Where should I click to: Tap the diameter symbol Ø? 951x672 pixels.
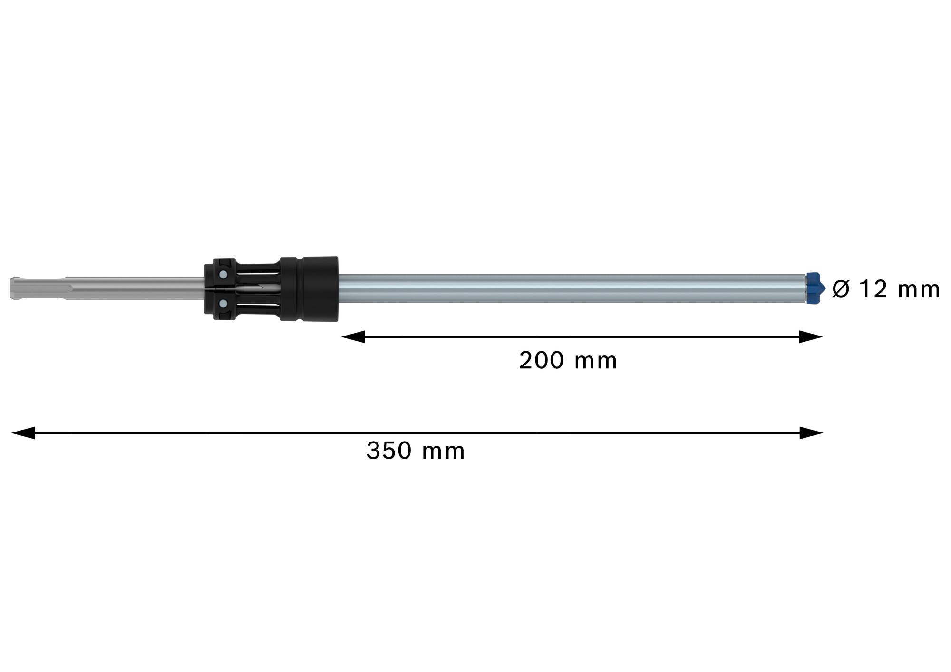click(841, 289)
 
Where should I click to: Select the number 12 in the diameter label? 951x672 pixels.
click(873, 289)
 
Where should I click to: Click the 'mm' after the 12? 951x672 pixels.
click(919, 290)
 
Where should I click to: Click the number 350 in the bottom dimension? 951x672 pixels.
click(388, 451)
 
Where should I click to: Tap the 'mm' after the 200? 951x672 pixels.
click(595, 362)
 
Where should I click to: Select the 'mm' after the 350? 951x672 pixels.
click(443, 451)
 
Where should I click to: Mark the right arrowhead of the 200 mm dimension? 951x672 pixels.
click(811, 337)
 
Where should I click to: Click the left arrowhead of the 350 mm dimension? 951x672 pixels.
click(23, 433)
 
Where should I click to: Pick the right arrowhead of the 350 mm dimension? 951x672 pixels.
click(812, 433)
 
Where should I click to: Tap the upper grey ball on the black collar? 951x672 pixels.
click(223, 274)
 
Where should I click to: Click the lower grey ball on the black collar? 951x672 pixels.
click(223, 303)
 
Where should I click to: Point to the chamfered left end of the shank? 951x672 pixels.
click(13, 288)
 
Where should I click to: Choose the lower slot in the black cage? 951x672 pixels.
click(257, 304)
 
